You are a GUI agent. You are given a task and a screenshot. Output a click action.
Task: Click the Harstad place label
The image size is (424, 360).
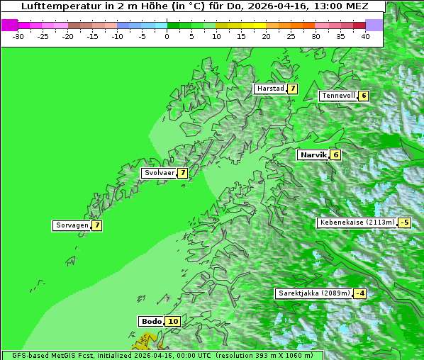(x=270, y=89)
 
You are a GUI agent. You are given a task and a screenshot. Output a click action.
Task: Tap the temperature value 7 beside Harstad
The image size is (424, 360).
(x=291, y=89)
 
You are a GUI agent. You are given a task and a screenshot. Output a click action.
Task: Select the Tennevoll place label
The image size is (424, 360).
(x=337, y=96)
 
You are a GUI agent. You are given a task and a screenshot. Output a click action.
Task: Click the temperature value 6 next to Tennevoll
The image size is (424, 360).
(x=363, y=96)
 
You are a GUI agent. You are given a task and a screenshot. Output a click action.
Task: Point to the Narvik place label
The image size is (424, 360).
(x=313, y=154)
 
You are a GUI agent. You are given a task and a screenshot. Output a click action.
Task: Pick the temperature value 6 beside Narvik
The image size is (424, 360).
(x=335, y=154)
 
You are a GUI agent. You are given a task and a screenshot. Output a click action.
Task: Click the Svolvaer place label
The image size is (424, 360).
(x=159, y=172)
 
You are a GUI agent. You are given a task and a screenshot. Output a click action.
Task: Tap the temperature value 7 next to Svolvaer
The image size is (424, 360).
(x=182, y=172)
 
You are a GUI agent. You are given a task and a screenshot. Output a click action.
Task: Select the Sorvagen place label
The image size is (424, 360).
(x=72, y=225)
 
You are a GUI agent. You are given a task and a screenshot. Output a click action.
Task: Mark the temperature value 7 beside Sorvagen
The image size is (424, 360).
(x=97, y=225)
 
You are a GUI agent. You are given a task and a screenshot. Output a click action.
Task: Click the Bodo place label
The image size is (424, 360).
(x=151, y=321)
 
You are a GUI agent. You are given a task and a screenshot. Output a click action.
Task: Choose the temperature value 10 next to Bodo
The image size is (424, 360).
(x=173, y=321)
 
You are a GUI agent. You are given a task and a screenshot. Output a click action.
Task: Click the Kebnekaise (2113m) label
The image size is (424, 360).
(x=357, y=223)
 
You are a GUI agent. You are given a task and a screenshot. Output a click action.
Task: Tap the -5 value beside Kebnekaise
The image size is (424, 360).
(x=404, y=223)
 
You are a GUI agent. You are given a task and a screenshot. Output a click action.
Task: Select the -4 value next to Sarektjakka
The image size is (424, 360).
(x=360, y=293)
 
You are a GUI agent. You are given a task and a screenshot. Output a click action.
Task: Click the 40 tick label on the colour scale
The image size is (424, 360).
(x=365, y=35)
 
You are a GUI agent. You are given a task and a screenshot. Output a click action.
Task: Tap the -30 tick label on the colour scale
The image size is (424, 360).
(x=18, y=35)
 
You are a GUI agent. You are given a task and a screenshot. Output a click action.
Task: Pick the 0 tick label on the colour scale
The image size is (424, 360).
(x=167, y=35)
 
